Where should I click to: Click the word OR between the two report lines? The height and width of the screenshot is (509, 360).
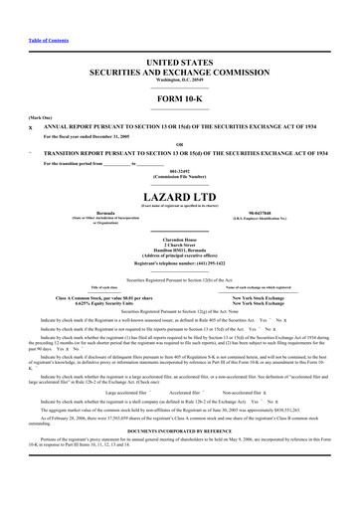[179, 145]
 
